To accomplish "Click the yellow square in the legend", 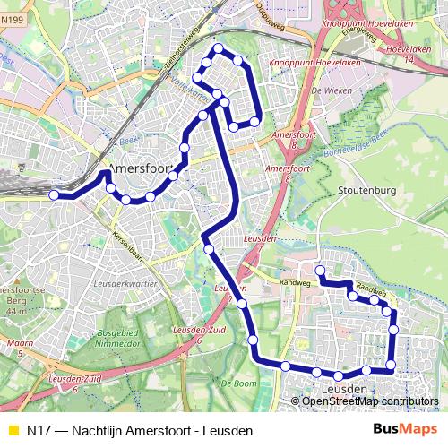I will coord(13,430).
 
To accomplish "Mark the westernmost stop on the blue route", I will coord(55,194).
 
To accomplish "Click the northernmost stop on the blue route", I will coord(216,48).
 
